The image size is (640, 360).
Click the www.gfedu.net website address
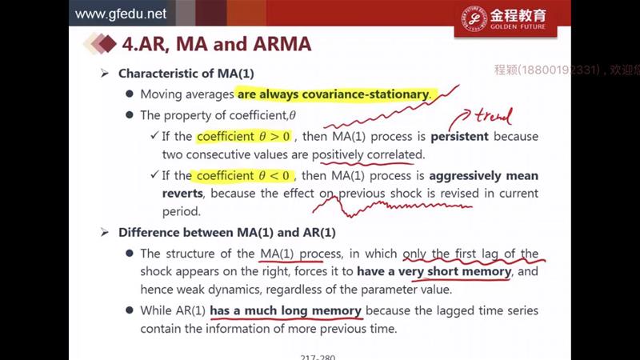pyautogui.click(x=121, y=14)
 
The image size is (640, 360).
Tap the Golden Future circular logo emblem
pyautogui.click(x=474, y=18)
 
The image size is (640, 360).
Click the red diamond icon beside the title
pyautogui.click(x=107, y=44)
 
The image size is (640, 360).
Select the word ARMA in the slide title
pyautogui.click(x=282, y=44)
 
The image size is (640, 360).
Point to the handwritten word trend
pyautogui.click(x=493, y=116)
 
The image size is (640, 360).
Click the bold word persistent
pyautogui.click(x=459, y=136)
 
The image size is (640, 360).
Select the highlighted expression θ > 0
pyautogui.click(x=274, y=136)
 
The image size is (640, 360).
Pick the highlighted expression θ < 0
pyautogui.click(x=274, y=175)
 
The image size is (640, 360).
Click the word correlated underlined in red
pyautogui.click(x=395, y=154)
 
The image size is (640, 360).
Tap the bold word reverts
pyautogui.click(x=182, y=194)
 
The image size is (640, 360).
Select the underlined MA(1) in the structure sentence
pyautogui.click(x=277, y=254)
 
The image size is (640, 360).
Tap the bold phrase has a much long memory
pyautogui.click(x=286, y=310)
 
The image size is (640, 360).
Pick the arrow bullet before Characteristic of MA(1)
pyautogui.click(x=105, y=74)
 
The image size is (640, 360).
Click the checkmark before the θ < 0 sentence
pyautogui.click(x=154, y=174)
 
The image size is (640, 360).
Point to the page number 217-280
pyautogui.click(x=318, y=357)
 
